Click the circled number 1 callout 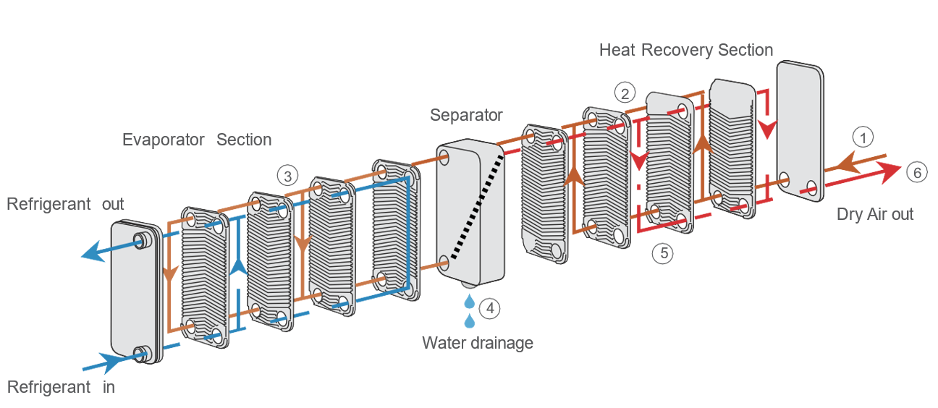click(862, 136)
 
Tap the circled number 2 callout click(625, 93)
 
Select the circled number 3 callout click(287, 176)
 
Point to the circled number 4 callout click(490, 308)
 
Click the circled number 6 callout click(915, 172)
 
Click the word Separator click(466, 115)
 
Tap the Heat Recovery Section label click(686, 50)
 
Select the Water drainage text click(478, 342)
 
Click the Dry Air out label click(875, 214)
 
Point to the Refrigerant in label click(61, 387)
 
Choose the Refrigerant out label click(65, 204)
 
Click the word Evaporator click(164, 140)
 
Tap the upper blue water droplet click(470, 299)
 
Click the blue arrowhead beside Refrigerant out click(90, 253)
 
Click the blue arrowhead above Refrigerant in click(113, 360)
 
